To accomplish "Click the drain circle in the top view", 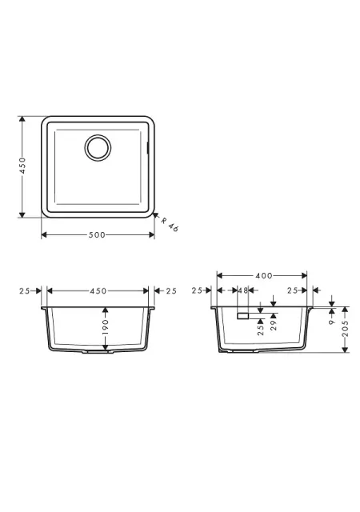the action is click(x=98, y=134).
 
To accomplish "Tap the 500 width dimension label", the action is click(x=97, y=234).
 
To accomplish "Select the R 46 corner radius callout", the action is click(x=170, y=224).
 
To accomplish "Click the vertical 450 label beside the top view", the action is click(x=22, y=166).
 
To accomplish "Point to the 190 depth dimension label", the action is click(x=105, y=327).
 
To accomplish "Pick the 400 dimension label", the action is click(x=264, y=275).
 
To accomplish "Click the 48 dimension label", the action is click(x=243, y=290).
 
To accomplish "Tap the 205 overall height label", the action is click(x=346, y=329).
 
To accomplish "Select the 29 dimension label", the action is click(x=274, y=325).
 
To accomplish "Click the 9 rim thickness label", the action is click(x=332, y=322).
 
